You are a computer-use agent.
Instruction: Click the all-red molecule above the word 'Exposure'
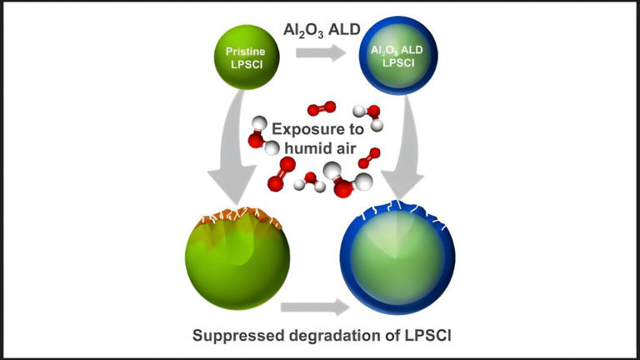[x=321, y=108]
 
